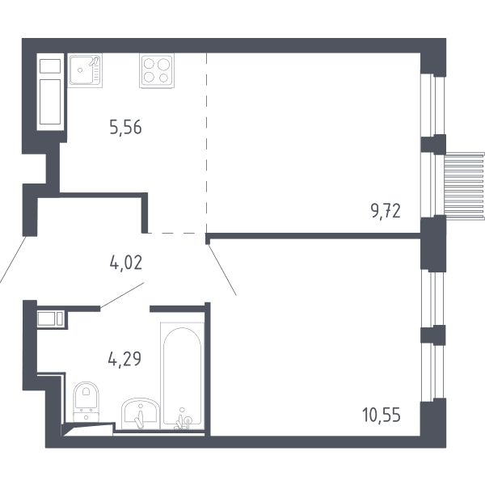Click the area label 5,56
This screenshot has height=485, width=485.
(125, 127)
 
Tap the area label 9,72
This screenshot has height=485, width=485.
(386, 211)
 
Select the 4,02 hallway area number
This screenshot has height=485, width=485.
(126, 263)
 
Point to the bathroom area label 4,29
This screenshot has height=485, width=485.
(124, 359)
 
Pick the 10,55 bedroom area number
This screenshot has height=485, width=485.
(382, 415)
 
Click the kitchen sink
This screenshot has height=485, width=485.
(85, 70)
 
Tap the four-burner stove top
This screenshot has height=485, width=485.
(157, 70)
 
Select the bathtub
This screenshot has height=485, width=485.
(182, 376)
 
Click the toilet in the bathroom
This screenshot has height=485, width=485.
(86, 402)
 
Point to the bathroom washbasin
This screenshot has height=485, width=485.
(141, 414)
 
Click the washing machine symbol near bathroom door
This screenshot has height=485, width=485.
(51, 318)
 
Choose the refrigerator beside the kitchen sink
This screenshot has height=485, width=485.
(50, 92)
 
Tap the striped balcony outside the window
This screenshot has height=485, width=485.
(464, 187)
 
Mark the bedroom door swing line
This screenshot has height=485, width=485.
(221, 269)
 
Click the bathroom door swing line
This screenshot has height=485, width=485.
(122, 295)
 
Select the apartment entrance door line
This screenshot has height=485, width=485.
(12, 259)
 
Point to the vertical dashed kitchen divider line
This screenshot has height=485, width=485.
(206, 143)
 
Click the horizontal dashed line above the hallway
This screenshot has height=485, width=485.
(177, 233)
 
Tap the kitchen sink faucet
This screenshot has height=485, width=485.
(95, 61)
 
